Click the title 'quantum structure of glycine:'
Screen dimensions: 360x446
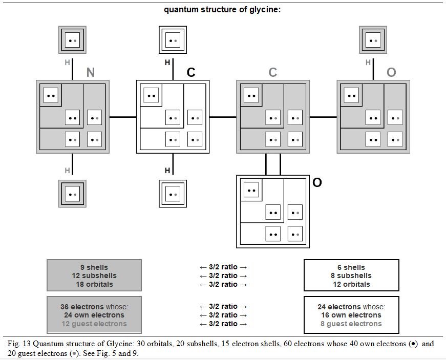click(222, 10)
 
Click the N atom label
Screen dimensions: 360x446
click(91, 72)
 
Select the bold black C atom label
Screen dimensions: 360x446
click(191, 72)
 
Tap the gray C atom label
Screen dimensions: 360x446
click(272, 72)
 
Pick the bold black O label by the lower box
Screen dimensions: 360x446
click(317, 182)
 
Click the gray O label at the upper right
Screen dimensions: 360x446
click(391, 72)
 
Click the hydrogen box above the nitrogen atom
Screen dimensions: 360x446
click(72, 40)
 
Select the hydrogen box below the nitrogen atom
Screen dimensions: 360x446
click(72, 194)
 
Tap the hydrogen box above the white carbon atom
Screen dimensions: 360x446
click(173, 40)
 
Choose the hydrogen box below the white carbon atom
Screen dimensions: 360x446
click(173, 194)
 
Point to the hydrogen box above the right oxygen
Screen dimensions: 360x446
click(373, 40)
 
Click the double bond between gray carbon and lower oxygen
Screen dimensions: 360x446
click(273, 164)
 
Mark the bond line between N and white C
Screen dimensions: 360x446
click(122, 117)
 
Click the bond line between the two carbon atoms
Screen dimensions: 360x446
click(223, 117)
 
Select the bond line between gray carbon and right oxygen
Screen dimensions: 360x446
click(323, 117)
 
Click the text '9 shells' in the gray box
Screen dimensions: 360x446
click(94, 267)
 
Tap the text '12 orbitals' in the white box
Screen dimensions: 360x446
click(351, 284)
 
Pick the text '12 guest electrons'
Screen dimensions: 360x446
click(94, 324)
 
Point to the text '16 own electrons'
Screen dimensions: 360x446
click(351, 315)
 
